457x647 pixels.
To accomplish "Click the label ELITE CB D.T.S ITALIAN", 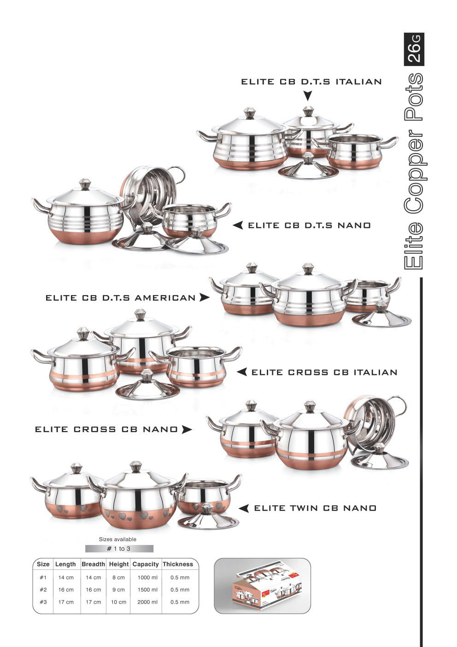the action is (311, 82).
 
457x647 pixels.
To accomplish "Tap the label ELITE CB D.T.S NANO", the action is (309, 226).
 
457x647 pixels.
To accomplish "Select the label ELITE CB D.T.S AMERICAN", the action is (121, 298).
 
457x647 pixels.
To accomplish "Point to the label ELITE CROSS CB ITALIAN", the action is (324, 372).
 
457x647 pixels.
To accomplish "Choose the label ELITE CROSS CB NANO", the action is (106, 429).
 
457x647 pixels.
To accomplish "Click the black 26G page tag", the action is (414, 49).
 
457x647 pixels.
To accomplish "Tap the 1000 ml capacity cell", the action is (147, 577).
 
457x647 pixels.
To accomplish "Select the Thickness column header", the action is (178, 564).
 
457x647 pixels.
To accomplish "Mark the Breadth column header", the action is (93, 564).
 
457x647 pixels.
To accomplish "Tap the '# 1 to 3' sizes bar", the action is (119, 548).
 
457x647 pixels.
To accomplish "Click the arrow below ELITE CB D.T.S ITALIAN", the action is (308, 96).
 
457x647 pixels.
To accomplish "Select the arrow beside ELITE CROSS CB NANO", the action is (187, 429).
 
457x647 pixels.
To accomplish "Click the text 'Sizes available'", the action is (117, 539).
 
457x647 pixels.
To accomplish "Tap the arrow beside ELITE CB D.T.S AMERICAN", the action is (205, 297).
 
